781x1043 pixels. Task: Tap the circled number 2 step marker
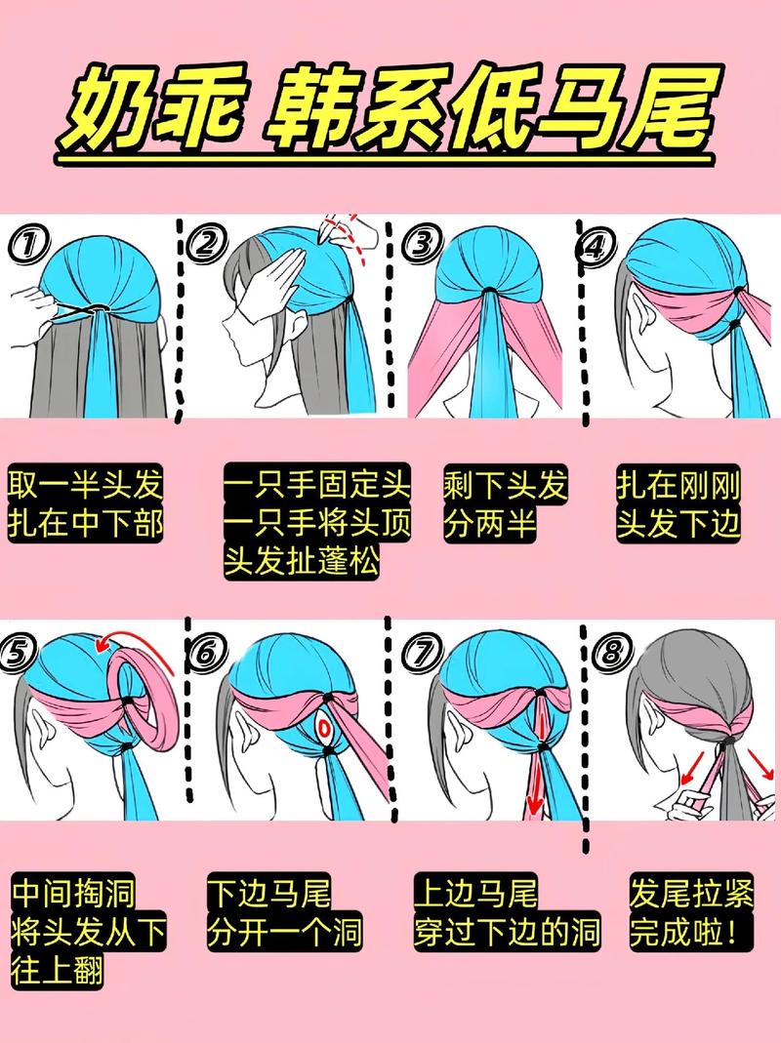point(206,244)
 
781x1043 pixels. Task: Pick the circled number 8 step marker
point(611,653)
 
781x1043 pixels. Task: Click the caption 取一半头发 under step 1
point(85,484)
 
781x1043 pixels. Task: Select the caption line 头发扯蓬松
point(302,560)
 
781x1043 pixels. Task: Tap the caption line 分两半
point(490,523)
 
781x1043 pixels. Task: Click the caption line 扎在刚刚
point(678,484)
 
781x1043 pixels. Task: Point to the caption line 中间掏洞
point(74,893)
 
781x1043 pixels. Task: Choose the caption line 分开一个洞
point(285,931)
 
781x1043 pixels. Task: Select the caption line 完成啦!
point(685,931)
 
